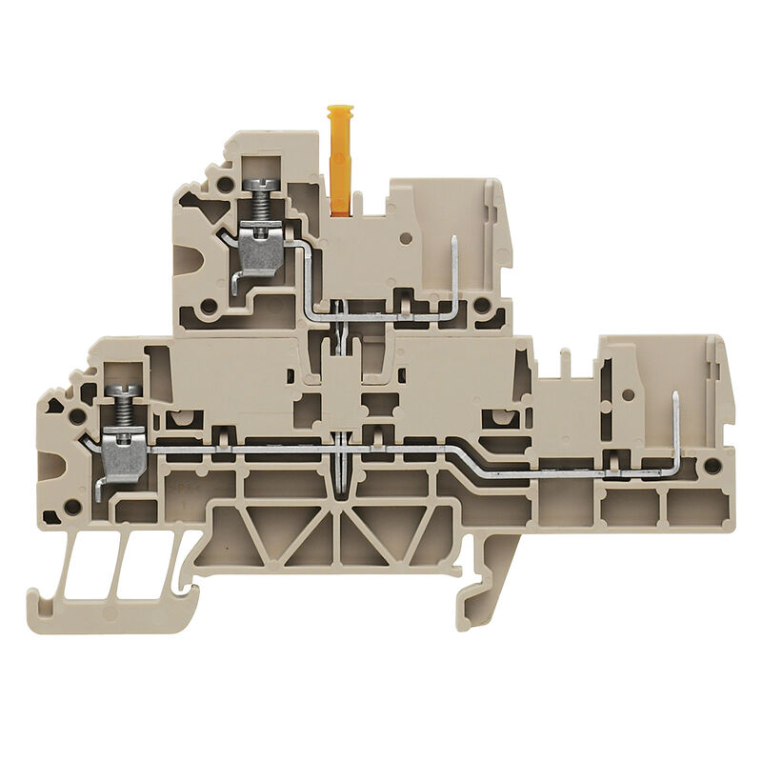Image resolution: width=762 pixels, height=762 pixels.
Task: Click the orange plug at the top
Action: tap(340, 157)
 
